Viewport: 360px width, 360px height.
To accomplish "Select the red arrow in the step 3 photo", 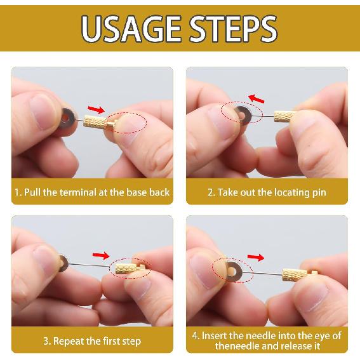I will click(x=100, y=255).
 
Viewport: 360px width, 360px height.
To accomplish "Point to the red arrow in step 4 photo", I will click(x=255, y=257).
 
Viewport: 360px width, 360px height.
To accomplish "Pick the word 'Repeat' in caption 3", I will click(x=69, y=341).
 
